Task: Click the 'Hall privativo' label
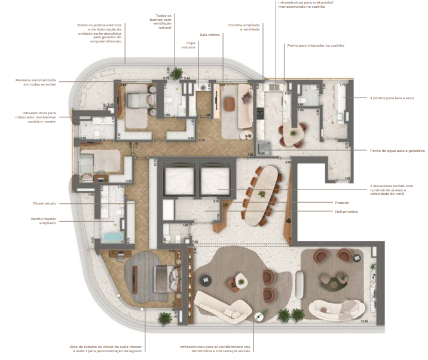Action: pyautogui.click(x=366, y=212)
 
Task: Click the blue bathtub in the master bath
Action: pyautogui.click(x=112, y=237)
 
